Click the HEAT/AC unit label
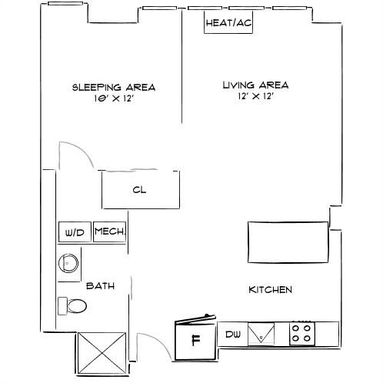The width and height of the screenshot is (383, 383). (x=228, y=23)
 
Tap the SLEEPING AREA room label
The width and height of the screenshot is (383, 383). (x=114, y=87)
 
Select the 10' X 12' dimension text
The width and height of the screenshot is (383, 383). (x=114, y=98)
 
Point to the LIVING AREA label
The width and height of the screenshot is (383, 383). (x=254, y=85)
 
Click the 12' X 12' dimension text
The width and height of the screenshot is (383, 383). (x=254, y=97)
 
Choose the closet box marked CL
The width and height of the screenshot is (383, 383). (x=141, y=190)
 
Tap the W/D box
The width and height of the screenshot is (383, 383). (x=75, y=232)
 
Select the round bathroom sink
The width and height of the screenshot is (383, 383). (x=68, y=263)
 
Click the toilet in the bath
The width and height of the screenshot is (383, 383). (x=73, y=305)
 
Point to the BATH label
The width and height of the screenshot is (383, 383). (x=100, y=285)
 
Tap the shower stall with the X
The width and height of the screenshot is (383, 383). (x=100, y=354)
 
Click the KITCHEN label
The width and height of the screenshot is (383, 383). (x=270, y=289)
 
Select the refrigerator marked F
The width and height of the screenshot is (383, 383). (x=195, y=339)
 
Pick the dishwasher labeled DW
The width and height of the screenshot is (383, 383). (x=233, y=334)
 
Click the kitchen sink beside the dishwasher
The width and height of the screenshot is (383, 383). (x=261, y=334)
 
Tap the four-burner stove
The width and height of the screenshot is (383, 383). (x=301, y=333)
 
